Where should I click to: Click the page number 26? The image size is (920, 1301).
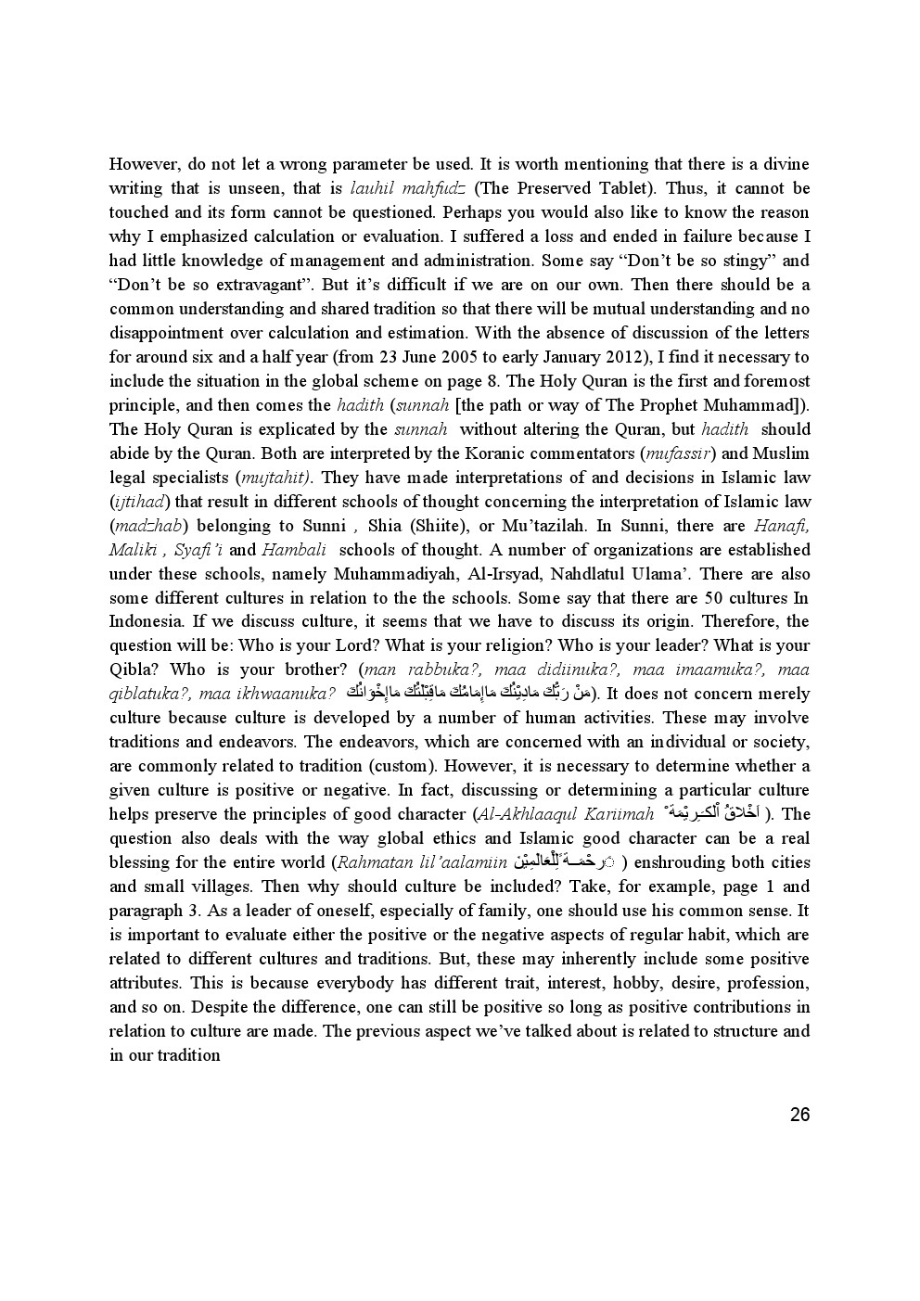pos(799,1115)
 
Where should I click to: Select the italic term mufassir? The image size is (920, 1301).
pos(678,453)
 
